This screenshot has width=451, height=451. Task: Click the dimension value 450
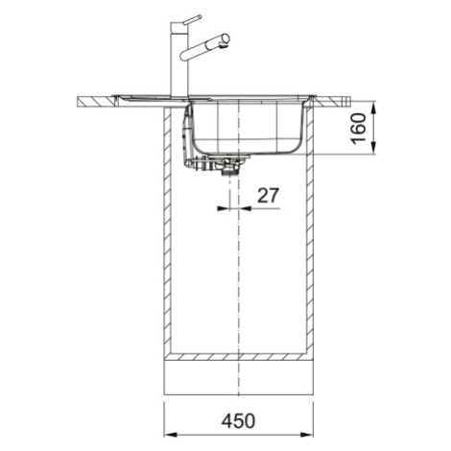point(239,421)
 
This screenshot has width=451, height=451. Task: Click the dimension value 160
point(358,129)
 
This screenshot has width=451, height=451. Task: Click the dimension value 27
point(268,195)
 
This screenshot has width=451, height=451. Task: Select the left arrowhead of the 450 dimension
point(170,435)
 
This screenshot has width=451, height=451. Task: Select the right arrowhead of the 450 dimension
point(307,435)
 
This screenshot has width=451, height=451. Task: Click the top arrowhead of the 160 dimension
point(373,108)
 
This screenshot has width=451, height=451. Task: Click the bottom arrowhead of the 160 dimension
point(373,148)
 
